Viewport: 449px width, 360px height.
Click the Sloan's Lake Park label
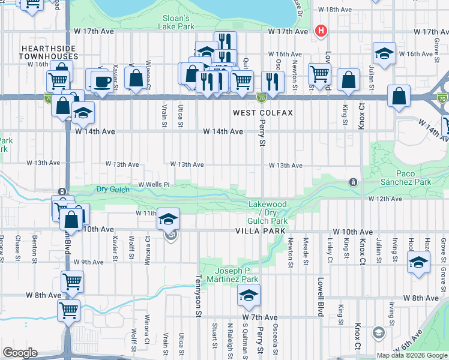point(176,22)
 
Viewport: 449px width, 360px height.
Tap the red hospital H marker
point(321,31)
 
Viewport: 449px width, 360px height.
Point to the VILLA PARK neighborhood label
point(259,230)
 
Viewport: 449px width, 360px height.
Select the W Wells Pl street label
point(154,184)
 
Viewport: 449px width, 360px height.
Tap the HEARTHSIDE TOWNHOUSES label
point(49,52)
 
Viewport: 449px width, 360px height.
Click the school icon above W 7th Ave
point(249,295)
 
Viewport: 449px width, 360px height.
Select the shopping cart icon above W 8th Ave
point(72,280)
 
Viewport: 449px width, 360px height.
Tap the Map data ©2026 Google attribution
point(412,355)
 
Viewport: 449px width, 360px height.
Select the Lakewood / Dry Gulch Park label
point(268,213)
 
